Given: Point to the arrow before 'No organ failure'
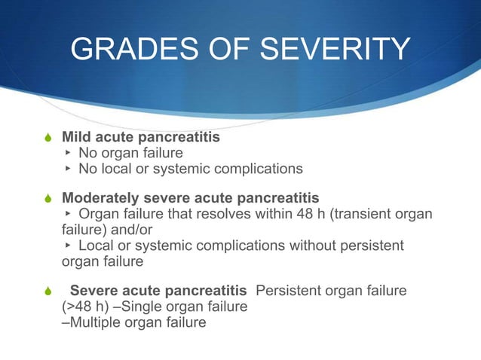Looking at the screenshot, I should tap(67, 154).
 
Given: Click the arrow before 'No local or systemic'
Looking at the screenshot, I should tap(67, 169).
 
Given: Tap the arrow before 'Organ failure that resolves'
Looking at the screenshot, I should tap(67, 214).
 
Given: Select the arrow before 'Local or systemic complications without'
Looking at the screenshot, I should tap(67, 246).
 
